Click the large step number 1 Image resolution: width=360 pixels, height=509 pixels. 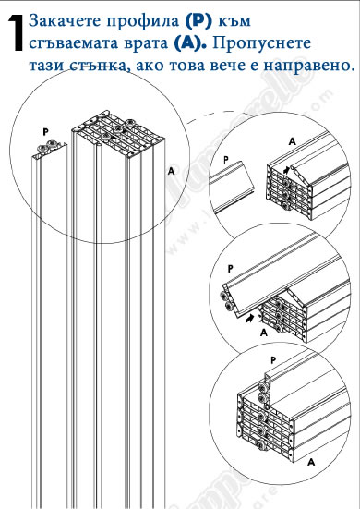point(16,33)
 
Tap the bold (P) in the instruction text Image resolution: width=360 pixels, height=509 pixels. point(198,21)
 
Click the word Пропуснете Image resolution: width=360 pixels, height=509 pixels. point(261,43)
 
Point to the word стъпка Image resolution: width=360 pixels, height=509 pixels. point(98,66)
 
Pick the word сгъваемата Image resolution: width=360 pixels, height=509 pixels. point(76,43)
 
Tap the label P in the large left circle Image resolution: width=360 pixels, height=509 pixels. point(46,132)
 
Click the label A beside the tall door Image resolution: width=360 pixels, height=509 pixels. point(171,171)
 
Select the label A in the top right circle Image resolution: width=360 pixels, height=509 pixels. point(293,141)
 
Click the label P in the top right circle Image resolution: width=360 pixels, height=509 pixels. point(226,160)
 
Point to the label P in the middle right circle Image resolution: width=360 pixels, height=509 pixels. point(230,269)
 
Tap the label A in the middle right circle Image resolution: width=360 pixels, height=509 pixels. point(264,332)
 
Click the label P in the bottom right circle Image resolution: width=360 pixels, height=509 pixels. point(273,360)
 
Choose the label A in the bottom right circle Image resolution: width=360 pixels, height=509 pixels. point(311,462)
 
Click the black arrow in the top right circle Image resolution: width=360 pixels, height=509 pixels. point(287,169)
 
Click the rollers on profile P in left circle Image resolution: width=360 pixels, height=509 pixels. point(47,146)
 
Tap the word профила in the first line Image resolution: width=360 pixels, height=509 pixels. point(143,22)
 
